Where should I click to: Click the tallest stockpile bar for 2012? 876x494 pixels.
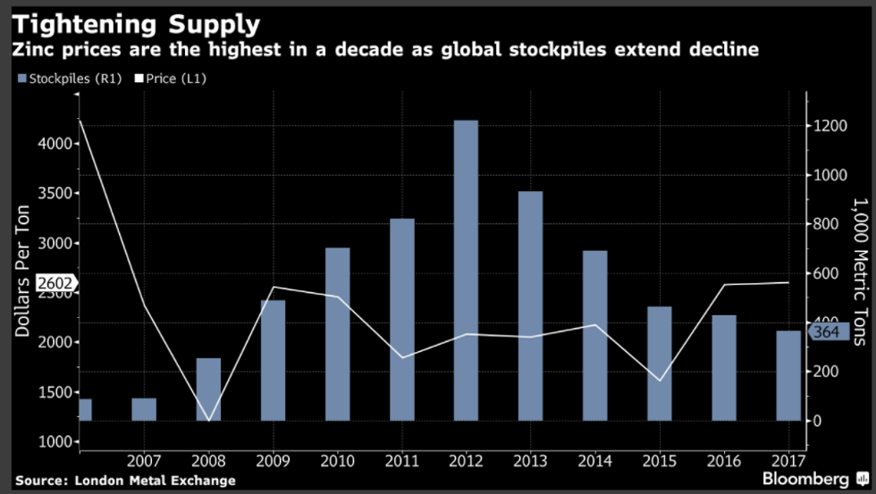[x=466, y=270]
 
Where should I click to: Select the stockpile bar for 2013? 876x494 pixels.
[x=530, y=306]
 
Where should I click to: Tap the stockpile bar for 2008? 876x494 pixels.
[x=208, y=389]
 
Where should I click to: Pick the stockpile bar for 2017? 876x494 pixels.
[x=788, y=375]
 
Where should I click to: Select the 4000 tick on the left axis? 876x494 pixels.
[x=54, y=144]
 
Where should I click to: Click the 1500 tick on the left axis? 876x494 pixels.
[x=54, y=392]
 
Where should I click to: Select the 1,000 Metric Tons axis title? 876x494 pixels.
[x=857, y=272]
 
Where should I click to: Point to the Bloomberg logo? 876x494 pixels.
[x=805, y=479]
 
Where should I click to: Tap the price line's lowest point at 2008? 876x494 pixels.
[x=208, y=420]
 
